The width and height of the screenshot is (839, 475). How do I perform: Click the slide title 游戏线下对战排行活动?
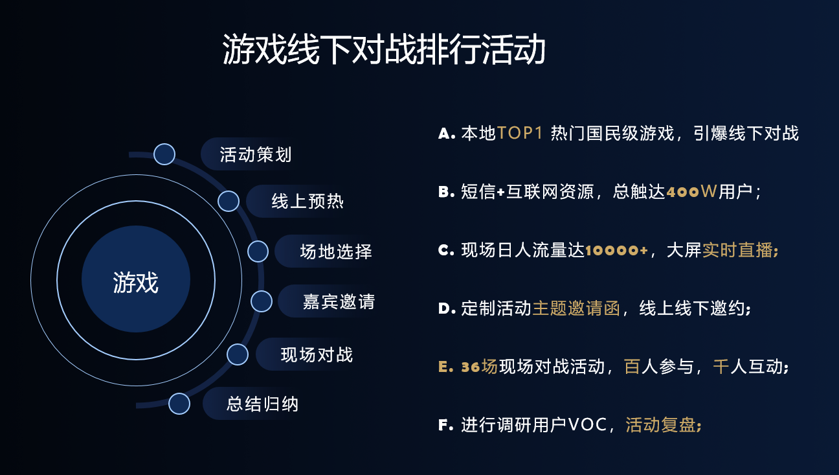tap(384, 51)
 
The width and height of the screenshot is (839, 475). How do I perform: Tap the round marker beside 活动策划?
tap(164, 154)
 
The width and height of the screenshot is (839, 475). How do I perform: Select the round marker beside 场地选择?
tap(258, 251)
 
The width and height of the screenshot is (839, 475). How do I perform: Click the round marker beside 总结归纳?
tap(179, 404)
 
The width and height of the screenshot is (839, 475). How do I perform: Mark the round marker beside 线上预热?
tap(229, 202)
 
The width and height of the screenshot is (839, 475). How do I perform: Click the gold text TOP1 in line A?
tap(519, 133)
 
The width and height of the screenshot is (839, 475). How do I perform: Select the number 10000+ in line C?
tap(616, 250)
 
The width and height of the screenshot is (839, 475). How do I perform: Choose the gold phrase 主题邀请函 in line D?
tap(576, 308)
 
